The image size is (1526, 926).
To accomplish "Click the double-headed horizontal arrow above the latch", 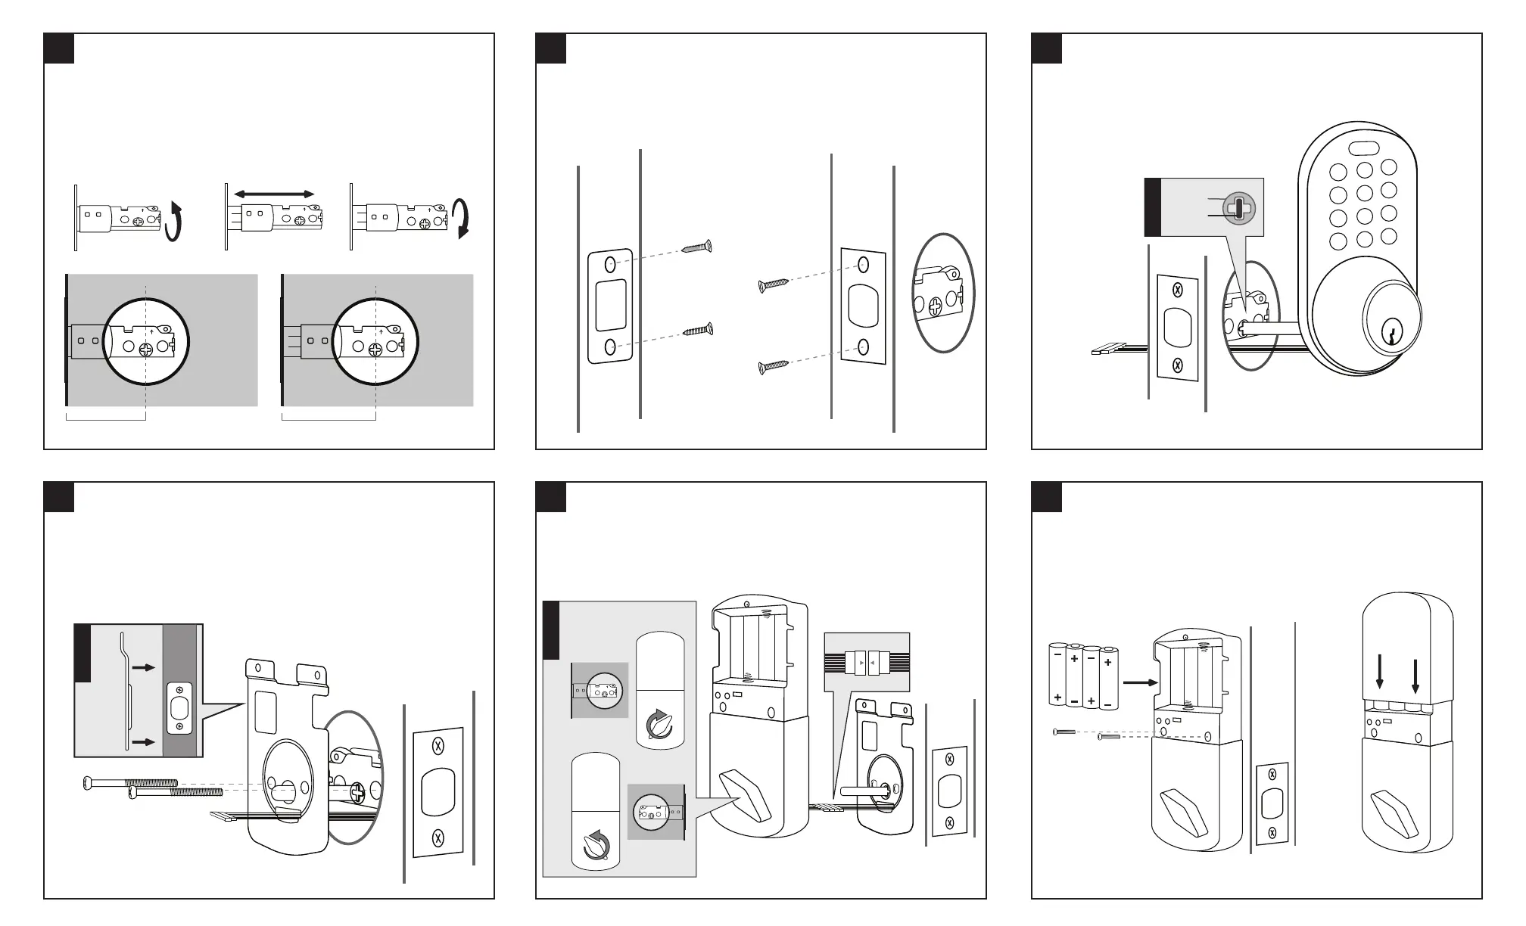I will click(x=274, y=194).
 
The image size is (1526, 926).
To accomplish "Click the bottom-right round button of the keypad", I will click(x=1388, y=237).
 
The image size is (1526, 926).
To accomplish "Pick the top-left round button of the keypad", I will click(x=1338, y=172).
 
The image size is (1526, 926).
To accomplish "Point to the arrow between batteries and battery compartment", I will click(x=1140, y=682).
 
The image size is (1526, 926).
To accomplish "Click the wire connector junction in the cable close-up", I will click(x=867, y=663).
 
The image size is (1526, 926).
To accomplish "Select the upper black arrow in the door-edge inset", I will click(x=143, y=668).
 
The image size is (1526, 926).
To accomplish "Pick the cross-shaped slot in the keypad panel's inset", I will click(x=1238, y=207).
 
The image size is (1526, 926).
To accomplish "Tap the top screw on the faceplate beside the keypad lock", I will click(x=1177, y=289).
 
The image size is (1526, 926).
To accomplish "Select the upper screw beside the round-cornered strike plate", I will click(x=697, y=247).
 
